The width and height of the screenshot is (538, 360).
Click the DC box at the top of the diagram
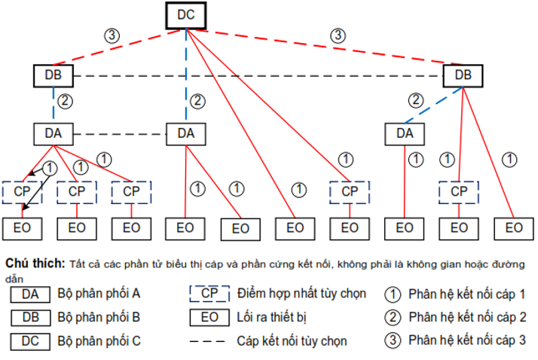tap(185, 15)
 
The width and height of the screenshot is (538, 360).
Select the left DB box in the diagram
tap(53, 76)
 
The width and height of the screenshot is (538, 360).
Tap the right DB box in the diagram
tap(463, 76)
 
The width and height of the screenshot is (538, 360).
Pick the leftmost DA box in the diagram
tap(53, 134)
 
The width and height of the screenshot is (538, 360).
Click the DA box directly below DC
tap(185, 134)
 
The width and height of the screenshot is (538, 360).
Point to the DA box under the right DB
tap(405, 134)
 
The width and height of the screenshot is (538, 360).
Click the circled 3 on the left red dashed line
tap(112, 35)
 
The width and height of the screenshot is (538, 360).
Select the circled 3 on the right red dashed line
tap(338, 35)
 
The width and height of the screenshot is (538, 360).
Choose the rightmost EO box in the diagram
tap(514, 227)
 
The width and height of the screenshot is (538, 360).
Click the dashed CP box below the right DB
tap(458, 191)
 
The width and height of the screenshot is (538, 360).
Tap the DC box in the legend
tap(30, 340)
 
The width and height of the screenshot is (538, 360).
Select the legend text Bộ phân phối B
tap(99, 317)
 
